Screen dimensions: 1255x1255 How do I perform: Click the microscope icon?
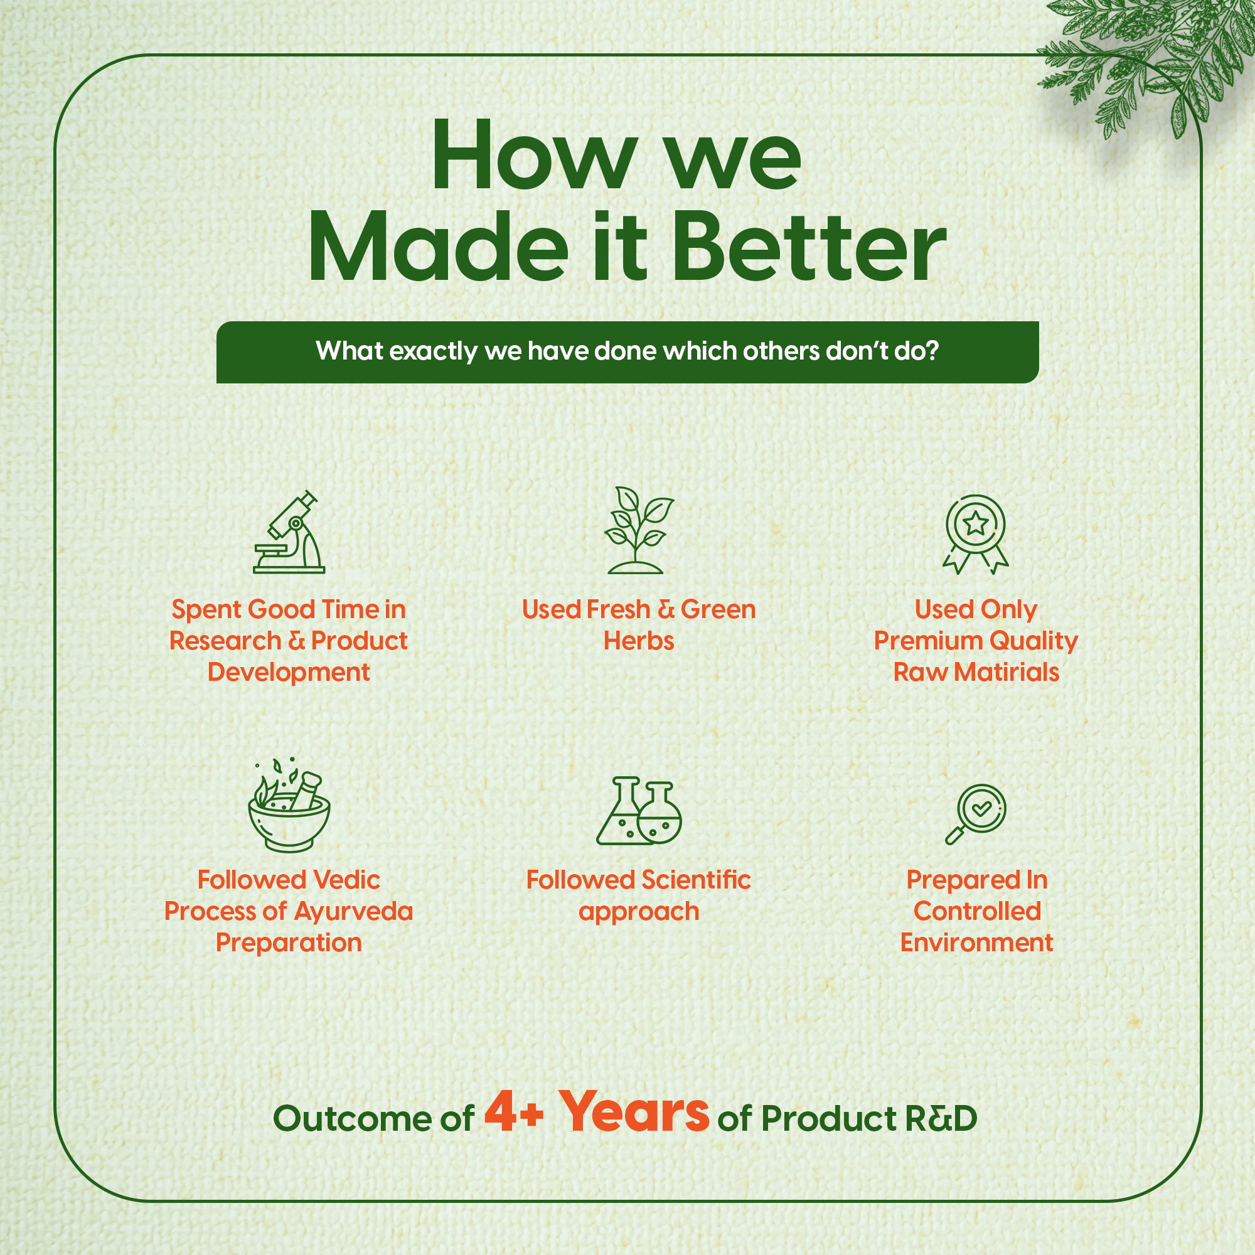(289, 532)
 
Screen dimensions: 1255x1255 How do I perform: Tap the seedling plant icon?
(639, 530)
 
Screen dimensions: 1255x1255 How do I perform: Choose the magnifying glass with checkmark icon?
(976, 814)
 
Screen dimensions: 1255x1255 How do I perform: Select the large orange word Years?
(634, 1111)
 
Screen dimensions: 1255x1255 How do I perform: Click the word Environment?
(976, 943)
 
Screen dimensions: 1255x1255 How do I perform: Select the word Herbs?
(639, 641)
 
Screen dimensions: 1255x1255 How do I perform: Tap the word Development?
(289, 673)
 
